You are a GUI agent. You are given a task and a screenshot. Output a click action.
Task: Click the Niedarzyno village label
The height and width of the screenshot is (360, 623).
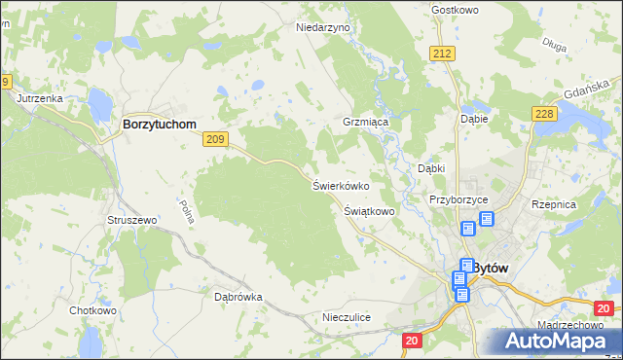(x=322, y=28)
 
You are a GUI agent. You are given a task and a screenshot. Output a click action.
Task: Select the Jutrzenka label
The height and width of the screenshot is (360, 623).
(x=39, y=99)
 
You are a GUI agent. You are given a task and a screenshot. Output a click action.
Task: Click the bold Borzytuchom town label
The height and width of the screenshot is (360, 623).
(x=159, y=126)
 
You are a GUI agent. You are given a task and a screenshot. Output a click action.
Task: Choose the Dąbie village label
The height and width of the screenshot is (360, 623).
(x=473, y=119)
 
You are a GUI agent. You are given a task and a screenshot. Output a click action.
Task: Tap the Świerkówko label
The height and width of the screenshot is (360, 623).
(x=339, y=185)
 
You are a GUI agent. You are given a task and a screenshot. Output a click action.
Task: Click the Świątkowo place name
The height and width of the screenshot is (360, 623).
(x=369, y=210)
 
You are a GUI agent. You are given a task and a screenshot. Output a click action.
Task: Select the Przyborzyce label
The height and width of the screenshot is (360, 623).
(x=458, y=199)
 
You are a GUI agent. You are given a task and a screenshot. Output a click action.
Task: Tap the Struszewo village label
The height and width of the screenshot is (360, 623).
(x=131, y=221)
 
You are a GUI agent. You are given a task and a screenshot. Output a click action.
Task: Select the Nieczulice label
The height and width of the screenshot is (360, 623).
(x=347, y=317)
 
